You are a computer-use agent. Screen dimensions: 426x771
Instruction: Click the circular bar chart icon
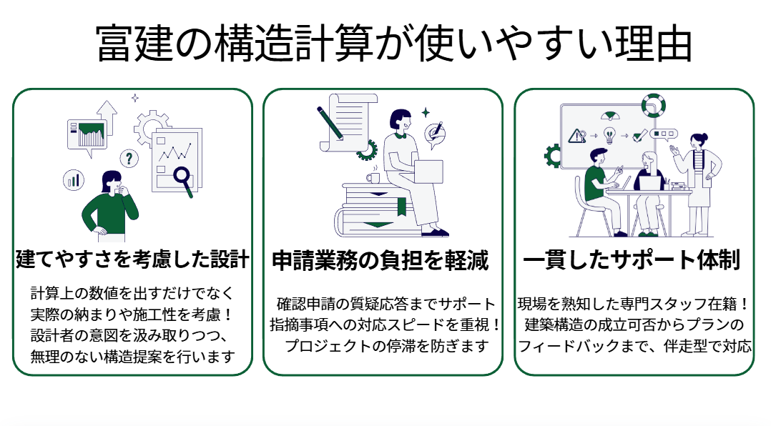click(73, 179)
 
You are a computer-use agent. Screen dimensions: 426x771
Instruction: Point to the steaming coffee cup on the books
click(373, 177)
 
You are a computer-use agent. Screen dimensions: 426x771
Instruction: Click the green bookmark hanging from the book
click(402, 207)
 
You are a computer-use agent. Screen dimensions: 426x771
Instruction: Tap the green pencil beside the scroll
click(330, 122)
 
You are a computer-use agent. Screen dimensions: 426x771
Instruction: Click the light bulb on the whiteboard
click(609, 134)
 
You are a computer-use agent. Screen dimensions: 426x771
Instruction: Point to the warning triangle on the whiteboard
click(575, 134)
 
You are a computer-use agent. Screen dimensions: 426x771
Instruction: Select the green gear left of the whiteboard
click(554, 154)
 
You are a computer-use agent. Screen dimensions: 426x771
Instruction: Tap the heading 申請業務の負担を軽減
click(380, 261)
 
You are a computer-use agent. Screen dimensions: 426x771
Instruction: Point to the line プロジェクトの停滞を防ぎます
click(386, 347)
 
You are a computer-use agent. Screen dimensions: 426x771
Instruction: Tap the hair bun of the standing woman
click(704, 136)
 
